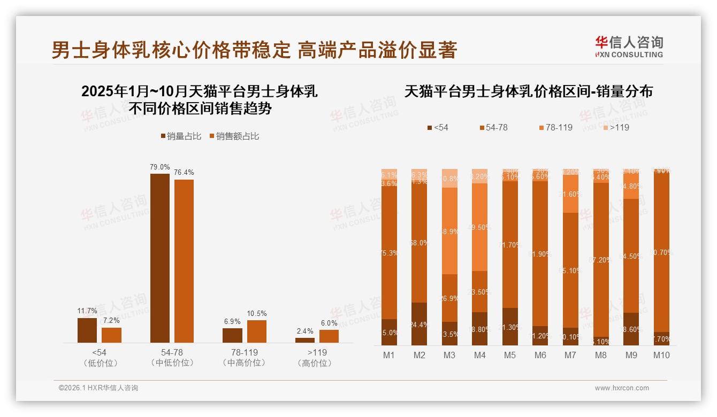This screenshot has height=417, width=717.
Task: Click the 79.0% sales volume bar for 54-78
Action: (159, 258)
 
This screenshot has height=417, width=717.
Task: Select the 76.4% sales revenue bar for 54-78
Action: (184, 261)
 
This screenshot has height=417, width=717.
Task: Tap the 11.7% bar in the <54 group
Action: (87, 330)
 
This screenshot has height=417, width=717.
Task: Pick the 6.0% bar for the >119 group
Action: (329, 336)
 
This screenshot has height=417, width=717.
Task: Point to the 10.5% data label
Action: (257, 313)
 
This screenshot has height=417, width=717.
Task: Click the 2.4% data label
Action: (304, 331)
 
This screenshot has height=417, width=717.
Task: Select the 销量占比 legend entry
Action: (181, 136)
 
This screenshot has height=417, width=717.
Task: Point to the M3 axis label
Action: (449, 355)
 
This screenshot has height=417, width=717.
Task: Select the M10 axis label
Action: (661, 355)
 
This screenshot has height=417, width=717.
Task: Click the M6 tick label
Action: (540, 355)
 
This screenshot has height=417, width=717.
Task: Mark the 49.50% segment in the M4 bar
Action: (480, 227)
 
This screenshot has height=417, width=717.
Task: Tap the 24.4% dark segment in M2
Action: (419, 324)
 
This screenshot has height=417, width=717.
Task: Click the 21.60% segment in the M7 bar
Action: (571, 194)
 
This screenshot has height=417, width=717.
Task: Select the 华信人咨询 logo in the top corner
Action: (629, 47)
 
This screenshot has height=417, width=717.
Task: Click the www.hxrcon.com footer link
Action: (622, 388)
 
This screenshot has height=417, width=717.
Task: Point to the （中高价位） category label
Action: (244, 363)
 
